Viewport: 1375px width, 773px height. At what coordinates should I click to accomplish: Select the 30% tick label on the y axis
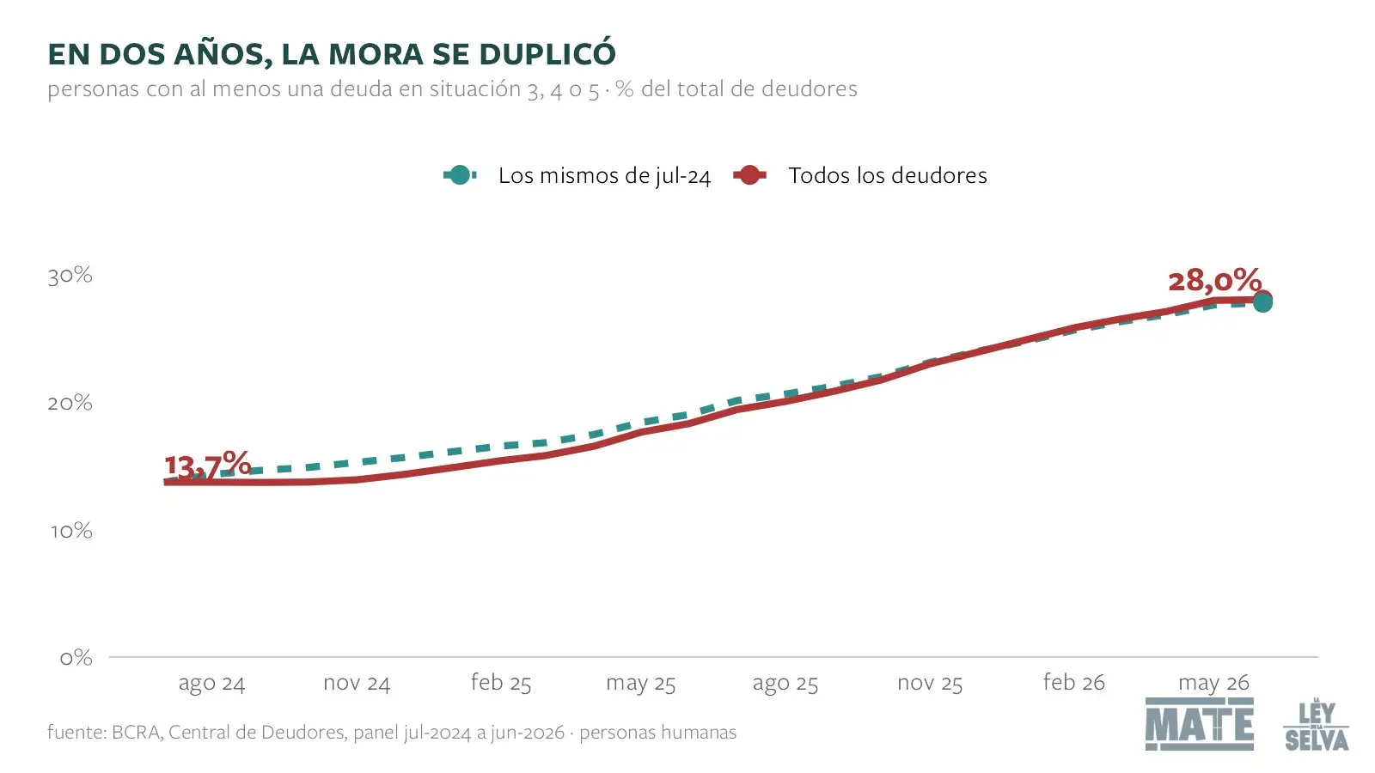pos(70,276)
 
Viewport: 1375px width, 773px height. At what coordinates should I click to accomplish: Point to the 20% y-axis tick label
pos(70,403)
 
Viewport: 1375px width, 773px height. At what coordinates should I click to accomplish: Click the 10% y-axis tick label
pos(71,531)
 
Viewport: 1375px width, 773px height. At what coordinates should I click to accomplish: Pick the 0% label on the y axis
pos(76,658)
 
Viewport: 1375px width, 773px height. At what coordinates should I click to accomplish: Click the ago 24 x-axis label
pos(211,684)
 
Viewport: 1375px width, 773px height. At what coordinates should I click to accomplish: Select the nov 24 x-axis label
pos(357,683)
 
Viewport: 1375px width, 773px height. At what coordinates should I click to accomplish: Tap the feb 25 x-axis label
pos(501,682)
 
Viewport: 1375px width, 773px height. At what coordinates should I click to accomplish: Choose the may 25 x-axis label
pos(641,684)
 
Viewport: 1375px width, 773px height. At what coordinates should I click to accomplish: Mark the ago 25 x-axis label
pos(785,684)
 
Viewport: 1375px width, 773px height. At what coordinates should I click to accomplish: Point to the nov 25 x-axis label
pos(930,683)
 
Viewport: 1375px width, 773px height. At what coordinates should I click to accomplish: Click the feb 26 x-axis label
pos(1073,682)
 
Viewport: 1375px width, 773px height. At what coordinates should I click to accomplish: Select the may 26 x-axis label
pos(1213,684)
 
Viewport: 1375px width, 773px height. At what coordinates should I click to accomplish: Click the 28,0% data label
pos(1215,281)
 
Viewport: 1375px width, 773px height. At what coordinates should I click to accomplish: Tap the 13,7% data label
pos(207,465)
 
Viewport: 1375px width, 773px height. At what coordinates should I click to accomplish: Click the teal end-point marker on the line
pos(1262,302)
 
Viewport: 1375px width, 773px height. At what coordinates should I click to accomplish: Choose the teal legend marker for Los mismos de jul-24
pos(460,175)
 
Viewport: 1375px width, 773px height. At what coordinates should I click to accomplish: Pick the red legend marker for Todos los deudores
pos(749,175)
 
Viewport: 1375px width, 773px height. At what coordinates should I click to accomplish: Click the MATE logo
pos(1200,724)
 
